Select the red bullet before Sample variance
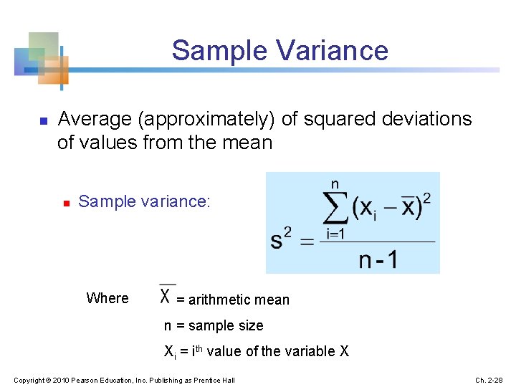[x=64, y=204]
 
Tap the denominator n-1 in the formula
[x=377, y=258]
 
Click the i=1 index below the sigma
[x=335, y=233]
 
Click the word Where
[x=107, y=298]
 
